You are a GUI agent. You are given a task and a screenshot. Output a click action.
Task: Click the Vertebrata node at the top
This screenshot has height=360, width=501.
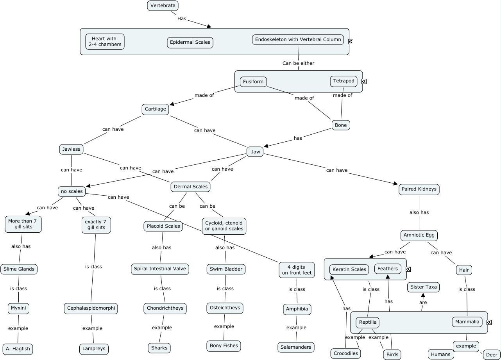pyautogui.click(x=163, y=5)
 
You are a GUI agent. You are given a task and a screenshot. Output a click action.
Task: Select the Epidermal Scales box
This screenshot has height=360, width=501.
pyautogui.click(x=190, y=42)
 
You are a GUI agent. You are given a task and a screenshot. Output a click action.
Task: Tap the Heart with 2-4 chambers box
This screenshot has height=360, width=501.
pyautogui.click(x=105, y=41)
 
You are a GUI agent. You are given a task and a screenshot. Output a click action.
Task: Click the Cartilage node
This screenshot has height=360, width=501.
pyautogui.click(x=156, y=109)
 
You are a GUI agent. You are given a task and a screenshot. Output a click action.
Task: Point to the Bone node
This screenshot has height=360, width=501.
pyautogui.click(x=341, y=125)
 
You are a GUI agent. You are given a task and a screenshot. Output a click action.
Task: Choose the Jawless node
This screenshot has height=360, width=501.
pyautogui.click(x=71, y=149)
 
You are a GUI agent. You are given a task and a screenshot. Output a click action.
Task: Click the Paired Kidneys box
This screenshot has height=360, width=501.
pyautogui.click(x=419, y=189)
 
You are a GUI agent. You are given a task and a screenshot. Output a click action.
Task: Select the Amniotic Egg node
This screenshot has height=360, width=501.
pyautogui.click(x=419, y=235)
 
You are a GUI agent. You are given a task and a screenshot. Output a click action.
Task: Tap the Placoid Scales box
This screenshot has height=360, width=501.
pyautogui.click(x=163, y=226)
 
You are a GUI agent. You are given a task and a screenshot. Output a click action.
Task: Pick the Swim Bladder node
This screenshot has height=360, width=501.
pyautogui.click(x=226, y=269)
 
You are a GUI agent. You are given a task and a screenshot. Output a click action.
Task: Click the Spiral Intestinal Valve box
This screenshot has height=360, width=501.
pyautogui.click(x=160, y=269)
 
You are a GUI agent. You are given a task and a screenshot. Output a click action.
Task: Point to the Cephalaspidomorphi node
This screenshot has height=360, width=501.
pyautogui.click(x=91, y=308)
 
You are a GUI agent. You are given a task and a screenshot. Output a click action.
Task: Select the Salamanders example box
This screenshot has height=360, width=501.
pyautogui.click(x=296, y=347)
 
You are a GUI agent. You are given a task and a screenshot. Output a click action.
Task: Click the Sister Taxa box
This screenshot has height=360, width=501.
pyautogui.click(x=423, y=287)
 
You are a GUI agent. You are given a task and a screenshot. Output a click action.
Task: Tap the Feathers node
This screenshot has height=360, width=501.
pyautogui.click(x=388, y=269)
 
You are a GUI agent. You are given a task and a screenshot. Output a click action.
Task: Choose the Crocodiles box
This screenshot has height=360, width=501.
pyautogui.click(x=345, y=353)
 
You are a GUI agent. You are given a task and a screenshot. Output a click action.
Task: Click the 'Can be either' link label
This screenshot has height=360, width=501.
pyautogui.click(x=298, y=63)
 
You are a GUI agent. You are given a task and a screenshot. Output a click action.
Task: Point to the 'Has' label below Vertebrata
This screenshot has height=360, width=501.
pyautogui.click(x=182, y=18)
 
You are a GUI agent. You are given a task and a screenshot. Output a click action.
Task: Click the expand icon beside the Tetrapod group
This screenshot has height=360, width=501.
pyautogui.click(x=364, y=81)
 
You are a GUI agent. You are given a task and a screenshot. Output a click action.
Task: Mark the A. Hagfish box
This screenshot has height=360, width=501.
pyautogui.click(x=18, y=348)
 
